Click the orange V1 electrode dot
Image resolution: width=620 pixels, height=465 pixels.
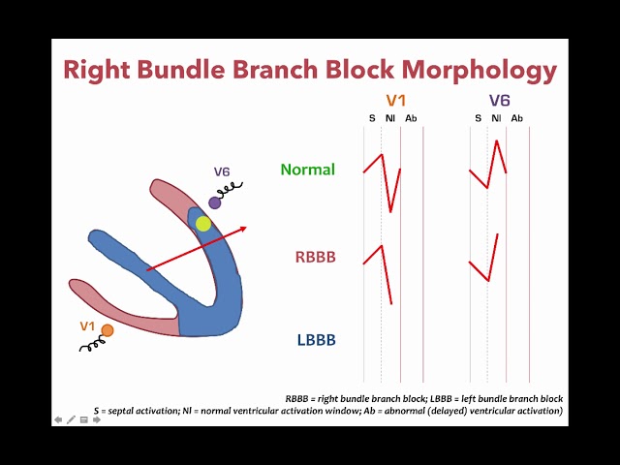[108, 330]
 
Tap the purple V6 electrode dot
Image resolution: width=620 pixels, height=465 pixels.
[215, 202]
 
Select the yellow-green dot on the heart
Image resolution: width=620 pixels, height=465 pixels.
[202, 224]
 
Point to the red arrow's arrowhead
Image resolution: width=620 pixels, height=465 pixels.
[242, 229]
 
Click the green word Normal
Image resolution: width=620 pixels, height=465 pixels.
[308, 170]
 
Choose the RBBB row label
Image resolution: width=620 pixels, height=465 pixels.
[315, 258]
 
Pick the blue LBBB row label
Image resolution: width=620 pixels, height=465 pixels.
[316, 340]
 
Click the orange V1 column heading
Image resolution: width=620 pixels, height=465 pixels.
[396, 101]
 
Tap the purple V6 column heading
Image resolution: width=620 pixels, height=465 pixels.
[499, 101]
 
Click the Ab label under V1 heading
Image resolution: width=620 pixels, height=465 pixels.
[411, 118]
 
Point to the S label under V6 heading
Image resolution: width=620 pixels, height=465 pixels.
[477, 118]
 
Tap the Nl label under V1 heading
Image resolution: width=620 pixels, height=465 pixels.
[389, 118]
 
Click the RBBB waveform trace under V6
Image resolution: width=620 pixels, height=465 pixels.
[489, 262]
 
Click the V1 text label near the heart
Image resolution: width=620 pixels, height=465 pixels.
[87, 325]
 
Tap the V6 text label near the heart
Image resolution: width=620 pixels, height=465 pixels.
[222, 172]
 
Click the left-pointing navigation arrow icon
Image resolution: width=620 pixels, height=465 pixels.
[58, 419]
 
